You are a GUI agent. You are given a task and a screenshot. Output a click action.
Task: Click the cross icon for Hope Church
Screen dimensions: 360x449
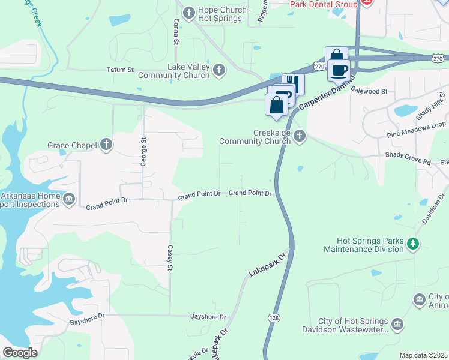(x=188, y=12)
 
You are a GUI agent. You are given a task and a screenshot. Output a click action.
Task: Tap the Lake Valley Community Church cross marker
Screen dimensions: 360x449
(x=218, y=70)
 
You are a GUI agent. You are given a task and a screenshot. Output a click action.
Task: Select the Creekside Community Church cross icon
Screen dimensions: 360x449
(x=300, y=137)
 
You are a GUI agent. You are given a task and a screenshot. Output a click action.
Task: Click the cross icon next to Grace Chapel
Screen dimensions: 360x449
(x=106, y=144)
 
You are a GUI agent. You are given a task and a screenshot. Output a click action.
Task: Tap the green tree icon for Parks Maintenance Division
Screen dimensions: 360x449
(x=412, y=244)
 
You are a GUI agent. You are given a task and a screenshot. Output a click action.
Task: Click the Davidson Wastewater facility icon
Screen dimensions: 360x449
(x=397, y=325)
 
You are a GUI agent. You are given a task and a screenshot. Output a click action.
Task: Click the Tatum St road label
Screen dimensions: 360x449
(x=120, y=70)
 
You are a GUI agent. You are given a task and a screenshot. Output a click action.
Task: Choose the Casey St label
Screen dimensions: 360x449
(x=170, y=257)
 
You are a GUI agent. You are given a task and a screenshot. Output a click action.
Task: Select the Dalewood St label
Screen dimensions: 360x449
(x=369, y=91)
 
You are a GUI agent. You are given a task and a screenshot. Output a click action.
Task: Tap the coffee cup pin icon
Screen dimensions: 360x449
(x=339, y=70)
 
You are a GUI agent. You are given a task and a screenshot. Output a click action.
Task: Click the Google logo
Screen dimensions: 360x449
(x=20, y=353)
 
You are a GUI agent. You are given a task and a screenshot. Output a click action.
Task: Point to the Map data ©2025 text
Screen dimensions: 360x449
(x=424, y=355)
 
